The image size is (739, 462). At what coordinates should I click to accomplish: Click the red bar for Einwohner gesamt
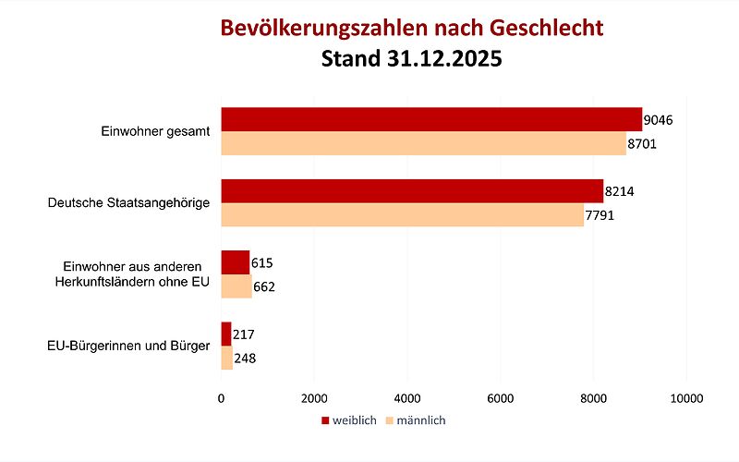tap(431, 119)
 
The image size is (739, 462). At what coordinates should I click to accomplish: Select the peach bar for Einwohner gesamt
tap(423, 143)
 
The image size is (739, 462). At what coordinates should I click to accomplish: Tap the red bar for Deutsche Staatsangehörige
tap(412, 191)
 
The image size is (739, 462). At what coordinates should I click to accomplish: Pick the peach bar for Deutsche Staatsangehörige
tap(402, 214)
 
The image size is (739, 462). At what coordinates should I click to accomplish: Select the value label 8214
tap(620, 191)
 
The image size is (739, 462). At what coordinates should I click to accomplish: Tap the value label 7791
tap(600, 215)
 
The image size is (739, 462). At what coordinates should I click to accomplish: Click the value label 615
tap(262, 262)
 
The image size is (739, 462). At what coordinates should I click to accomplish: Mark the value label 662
tap(264, 286)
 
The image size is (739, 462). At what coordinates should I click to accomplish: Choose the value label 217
tap(244, 334)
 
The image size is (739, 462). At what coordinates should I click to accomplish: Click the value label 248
tap(246, 358)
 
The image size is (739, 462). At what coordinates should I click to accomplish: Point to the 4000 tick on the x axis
tap(407, 398)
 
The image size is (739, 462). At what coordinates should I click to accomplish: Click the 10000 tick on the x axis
tap(686, 398)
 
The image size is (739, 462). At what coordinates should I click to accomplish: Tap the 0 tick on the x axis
tap(221, 398)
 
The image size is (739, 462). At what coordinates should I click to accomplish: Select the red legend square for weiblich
tap(325, 420)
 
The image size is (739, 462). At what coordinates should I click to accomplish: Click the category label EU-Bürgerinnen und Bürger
tap(128, 346)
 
